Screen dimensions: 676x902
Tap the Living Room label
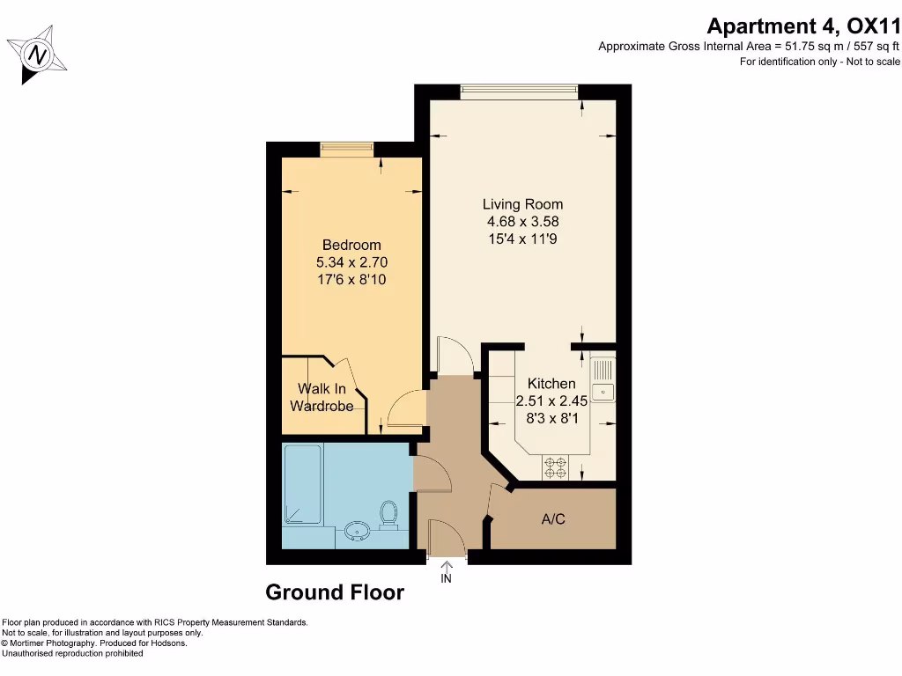(x=522, y=204)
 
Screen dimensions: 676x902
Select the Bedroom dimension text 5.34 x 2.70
(x=351, y=262)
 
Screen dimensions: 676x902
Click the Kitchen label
(x=551, y=384)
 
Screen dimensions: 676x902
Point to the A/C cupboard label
(x=553, y=519)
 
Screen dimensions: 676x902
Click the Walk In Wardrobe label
(x=322, y=397)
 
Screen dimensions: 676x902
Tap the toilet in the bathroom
(x=388, y=514)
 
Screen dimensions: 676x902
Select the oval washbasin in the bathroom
(x=358, y=530)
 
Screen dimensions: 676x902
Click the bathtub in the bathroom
(x=302, y=484)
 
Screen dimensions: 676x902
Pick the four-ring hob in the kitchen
(x=557, y=467)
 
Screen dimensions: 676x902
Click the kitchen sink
(x=603, y=391)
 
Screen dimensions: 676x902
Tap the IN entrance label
(x=446, y=578)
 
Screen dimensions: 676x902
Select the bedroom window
(x=346, y=147)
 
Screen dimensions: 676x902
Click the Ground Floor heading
(x=335, y=592)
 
